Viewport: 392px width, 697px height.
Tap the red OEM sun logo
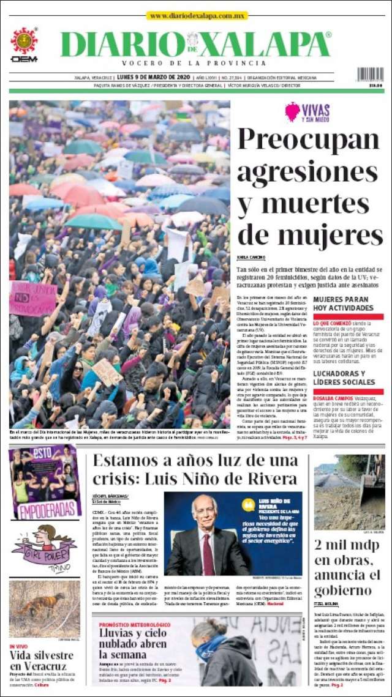coord(24,41)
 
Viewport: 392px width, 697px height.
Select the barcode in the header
coord(370,75)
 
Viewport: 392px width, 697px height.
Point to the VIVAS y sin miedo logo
coord(307,112)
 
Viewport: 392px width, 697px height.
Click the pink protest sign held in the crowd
coord(32,297)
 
